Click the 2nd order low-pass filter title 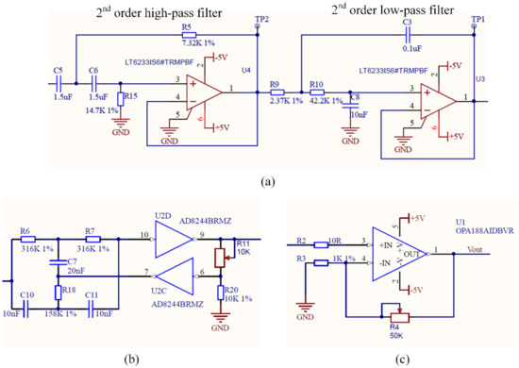point(392,10)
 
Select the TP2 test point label point(260,20)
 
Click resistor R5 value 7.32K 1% point(187,42)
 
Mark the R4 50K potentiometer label point(394,326)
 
